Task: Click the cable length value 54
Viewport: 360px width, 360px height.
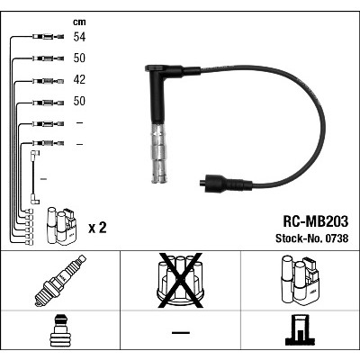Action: [x=79, y=37]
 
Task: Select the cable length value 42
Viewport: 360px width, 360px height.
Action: [x=79, y=79]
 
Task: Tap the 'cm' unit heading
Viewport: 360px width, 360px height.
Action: [x=79, y=22]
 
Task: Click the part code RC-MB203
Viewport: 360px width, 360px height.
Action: [x=316, y=221]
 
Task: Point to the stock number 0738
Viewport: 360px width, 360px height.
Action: [x=337, y=238]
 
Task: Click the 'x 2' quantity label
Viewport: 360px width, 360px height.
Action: [x=97, y=228]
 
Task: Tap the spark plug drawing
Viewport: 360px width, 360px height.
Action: [x=60, y=281]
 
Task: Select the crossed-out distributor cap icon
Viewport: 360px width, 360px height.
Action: [x=181, y=281]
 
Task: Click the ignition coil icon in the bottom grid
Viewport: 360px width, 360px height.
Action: [x=301, y=281]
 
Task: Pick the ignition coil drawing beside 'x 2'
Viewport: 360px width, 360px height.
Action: [x=61, y=227]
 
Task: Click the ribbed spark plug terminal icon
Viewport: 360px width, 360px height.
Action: [x=60, y=330]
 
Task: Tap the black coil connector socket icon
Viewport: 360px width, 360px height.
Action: [x=301, y=330]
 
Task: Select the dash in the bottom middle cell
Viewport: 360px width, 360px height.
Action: [x=181, y=332]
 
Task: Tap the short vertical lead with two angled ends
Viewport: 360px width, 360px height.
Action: [x=34, y=177]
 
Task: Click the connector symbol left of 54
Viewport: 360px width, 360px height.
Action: [x=48, y=37]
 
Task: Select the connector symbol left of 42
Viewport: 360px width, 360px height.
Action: [x=48, y=81]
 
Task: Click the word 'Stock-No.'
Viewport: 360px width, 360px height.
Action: [x=299, y=238]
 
